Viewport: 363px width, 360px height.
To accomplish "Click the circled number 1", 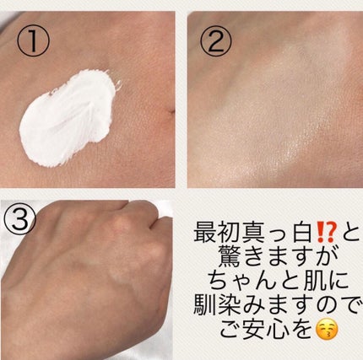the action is pyautogui.click(x=33, y=40).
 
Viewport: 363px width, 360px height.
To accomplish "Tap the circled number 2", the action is pyautogui.click(x=216, y=40).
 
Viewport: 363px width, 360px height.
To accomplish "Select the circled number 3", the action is pyautogui.click(x=20, y=218).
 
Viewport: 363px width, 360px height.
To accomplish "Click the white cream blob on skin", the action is pyautogui.click(x=68, y=118).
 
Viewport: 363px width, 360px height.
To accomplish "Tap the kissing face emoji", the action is pyautogui.click(x=327, y=330).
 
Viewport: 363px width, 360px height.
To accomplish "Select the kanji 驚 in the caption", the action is pyautogui.click(x=229, y=256).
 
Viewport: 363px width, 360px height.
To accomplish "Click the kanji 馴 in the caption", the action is pyautogui.click(x=204, y=306).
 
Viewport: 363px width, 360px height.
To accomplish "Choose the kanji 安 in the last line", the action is pyautogui.click(x=253, y=330).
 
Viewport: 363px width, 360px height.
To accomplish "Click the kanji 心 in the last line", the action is pyautogui.click(x=277, y=330).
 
